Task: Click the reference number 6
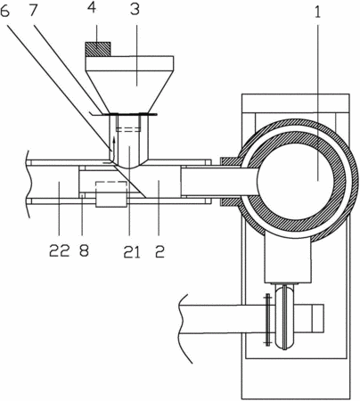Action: [5, 11]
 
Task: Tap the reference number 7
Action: [33, 11]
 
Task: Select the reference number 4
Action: [92, 8]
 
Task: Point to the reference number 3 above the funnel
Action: [135, 9]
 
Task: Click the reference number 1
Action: [318, 12]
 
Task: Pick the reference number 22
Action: [60, 250]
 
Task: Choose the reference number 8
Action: [84, 250]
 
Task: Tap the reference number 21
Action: [132, 252]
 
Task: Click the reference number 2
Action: [160, 251]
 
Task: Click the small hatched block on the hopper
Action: [98, 49]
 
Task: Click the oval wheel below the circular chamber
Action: [285, 316]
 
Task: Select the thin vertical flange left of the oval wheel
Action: [267, 320]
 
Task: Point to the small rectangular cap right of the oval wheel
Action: [317, 318]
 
